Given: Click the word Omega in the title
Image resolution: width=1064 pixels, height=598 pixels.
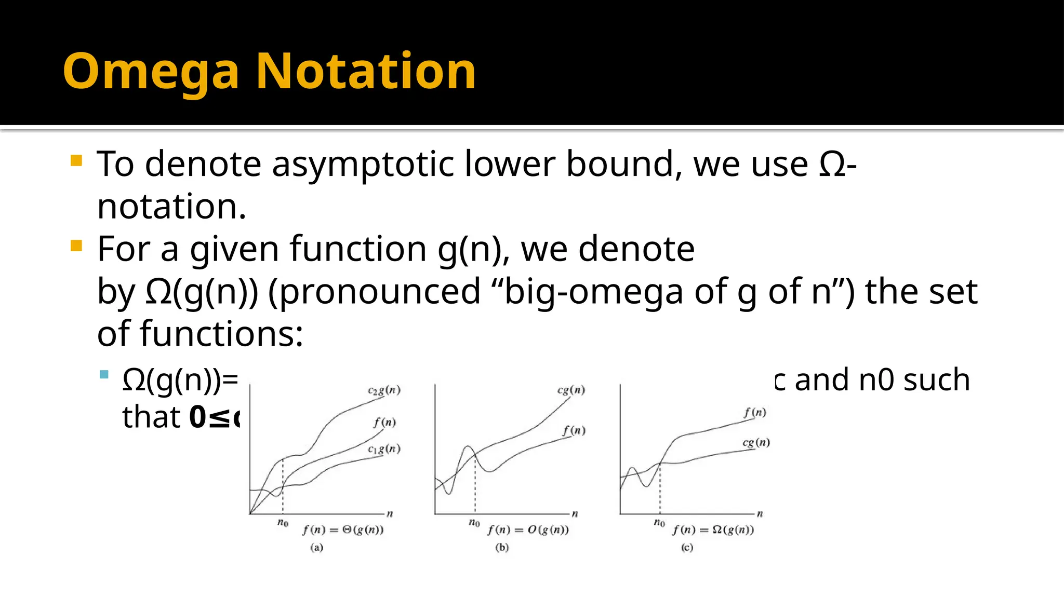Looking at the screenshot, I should [151, 72].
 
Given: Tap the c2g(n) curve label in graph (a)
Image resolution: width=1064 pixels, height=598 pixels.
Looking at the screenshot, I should [384, 390].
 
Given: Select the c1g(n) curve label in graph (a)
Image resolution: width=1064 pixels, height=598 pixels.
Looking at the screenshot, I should [384, 449].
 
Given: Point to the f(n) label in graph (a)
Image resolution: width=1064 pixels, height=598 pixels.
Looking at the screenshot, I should [384, 422].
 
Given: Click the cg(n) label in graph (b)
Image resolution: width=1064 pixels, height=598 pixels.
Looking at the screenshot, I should [571, 390].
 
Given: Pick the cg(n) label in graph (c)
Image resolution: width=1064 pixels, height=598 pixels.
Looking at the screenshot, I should [756, 442].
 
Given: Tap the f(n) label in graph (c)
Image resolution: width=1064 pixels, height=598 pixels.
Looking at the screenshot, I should [754, 412].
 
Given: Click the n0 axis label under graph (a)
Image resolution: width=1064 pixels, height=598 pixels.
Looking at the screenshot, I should [283, 522].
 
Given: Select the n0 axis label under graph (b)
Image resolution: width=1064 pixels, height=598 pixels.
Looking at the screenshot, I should [474, 522].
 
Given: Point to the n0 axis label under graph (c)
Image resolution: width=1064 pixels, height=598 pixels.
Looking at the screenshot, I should [659, 522].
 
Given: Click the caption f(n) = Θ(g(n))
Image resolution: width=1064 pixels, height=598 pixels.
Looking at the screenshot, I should [343, 530].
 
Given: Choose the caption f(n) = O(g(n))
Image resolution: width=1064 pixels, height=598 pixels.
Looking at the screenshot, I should [528, 530].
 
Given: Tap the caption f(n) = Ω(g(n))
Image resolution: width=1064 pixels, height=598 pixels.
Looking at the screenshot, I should [713, 530].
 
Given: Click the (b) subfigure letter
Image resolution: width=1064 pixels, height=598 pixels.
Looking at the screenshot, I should [502, 548].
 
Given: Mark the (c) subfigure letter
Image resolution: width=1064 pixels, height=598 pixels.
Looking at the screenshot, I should [687, 548].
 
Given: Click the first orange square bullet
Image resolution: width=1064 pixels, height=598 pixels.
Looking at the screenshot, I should [76, 160].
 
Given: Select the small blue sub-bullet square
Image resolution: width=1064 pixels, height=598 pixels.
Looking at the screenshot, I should [104, 374].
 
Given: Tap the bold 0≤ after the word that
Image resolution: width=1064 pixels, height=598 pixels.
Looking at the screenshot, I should [210, 417].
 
